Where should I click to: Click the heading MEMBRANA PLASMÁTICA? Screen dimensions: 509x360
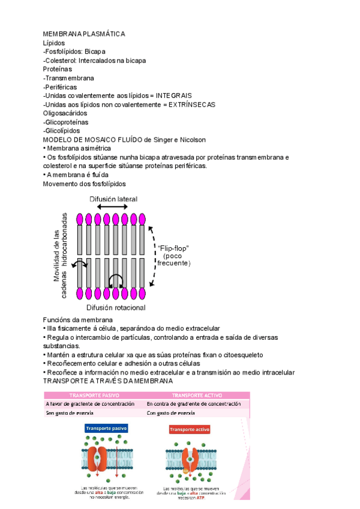84,34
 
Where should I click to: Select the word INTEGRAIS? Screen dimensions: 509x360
174,95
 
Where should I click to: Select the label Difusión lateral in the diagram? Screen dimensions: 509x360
113,199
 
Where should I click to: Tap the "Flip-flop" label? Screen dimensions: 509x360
173,247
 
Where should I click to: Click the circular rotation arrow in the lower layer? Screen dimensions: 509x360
116,279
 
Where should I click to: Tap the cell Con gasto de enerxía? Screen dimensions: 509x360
172,413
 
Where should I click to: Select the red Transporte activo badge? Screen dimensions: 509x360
190,430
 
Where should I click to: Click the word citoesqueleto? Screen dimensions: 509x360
251,355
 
